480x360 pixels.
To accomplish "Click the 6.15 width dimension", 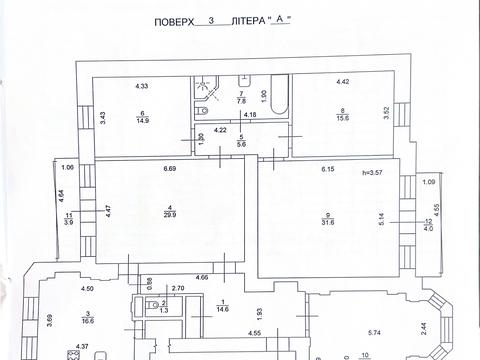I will [x=328, y=170].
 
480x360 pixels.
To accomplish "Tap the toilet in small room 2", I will [x=152, y=305].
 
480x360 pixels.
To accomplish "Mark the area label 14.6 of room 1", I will [x=221, y=308].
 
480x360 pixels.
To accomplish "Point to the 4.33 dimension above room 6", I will [x=142, y=84].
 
